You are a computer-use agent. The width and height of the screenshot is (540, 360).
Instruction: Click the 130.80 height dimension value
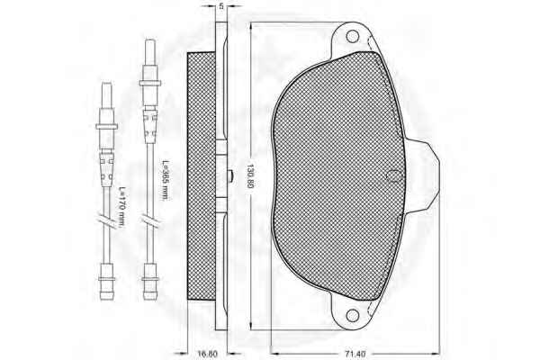coord(250,182)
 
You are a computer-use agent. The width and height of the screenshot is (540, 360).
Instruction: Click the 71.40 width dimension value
coord(355,355)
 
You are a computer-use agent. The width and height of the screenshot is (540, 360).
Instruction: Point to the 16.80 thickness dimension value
coord(207,355)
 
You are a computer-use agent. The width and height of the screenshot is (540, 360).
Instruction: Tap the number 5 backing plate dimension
coord(221,6)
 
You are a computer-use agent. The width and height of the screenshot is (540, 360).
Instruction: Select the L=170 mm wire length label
coord(121,207)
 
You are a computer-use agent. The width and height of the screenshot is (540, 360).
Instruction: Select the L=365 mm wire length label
coord(165,180)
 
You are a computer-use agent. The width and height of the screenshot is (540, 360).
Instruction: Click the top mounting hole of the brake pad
coord(352,36)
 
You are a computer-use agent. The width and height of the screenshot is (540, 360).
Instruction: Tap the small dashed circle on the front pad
coord(393,176)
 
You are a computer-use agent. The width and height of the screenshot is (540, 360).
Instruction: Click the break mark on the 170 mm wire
coord(106,220)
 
